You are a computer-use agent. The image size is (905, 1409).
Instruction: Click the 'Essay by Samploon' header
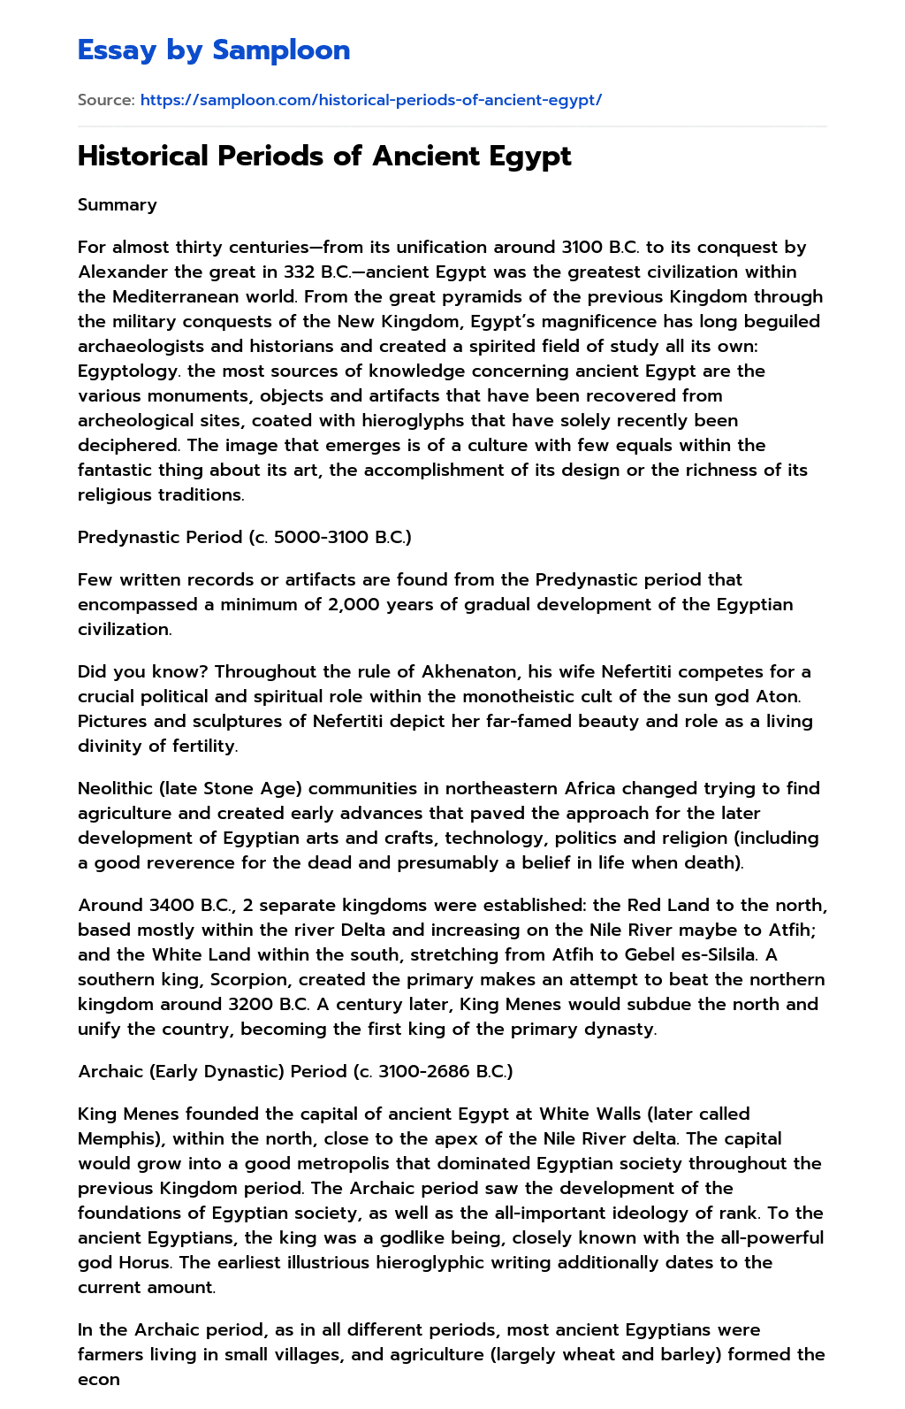214,50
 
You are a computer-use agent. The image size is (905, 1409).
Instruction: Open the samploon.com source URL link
370,100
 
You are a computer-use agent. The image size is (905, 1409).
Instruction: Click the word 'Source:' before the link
106,100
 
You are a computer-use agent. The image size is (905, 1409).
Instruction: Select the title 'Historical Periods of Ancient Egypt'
324,157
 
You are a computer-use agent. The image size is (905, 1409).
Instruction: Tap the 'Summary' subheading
118,205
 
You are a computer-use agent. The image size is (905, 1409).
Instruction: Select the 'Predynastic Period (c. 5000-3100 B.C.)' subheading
245,538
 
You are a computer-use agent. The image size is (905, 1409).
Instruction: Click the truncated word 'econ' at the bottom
98,1380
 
